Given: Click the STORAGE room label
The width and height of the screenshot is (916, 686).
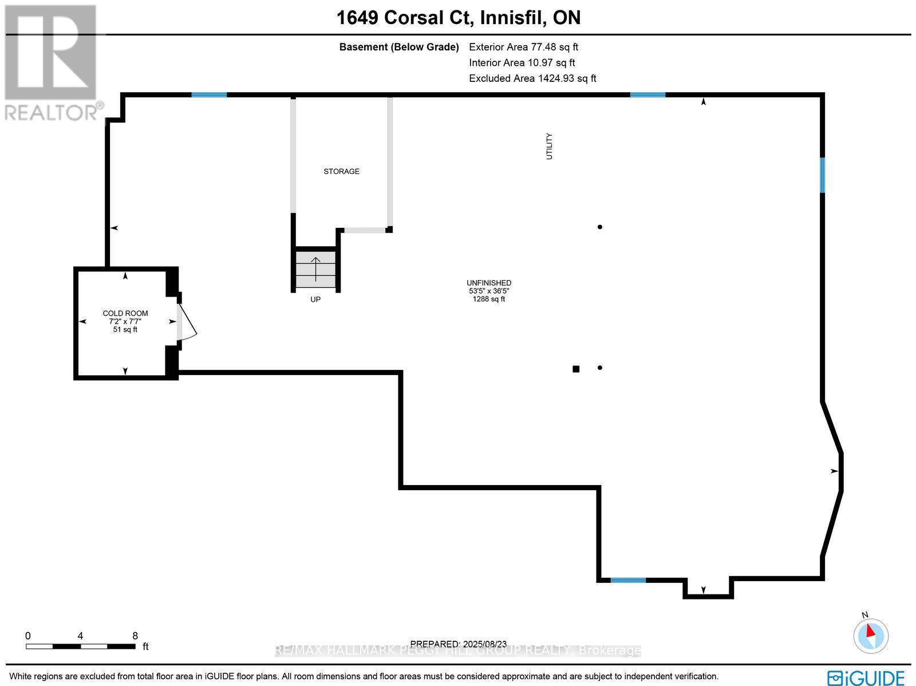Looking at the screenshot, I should [341, 171].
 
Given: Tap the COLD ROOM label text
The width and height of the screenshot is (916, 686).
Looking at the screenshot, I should [125, 313].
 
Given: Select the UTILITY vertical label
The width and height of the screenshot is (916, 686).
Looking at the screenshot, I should [550, 146].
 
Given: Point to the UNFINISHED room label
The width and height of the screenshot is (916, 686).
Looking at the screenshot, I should [488, 283].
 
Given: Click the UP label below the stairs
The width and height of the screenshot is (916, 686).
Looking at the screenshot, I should [315, 299].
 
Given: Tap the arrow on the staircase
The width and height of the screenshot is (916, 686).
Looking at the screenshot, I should [315, 268].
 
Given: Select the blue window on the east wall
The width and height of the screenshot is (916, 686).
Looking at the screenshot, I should [823, 175].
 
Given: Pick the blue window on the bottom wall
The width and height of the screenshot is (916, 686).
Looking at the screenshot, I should [628, 580].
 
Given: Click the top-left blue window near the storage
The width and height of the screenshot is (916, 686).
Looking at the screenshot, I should [209, 94].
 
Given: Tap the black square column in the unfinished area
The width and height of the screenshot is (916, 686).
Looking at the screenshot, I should [576, 369].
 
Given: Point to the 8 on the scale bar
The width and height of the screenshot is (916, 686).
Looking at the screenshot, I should [135, 636].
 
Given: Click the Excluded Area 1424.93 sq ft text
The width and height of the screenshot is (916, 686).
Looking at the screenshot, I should [532, 78].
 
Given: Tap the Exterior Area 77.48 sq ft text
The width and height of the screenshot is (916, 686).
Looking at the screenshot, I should [523, 47].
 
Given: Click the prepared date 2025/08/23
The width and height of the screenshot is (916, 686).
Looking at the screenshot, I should [458, 644].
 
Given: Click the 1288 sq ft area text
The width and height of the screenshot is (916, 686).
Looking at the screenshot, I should [488, 299].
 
